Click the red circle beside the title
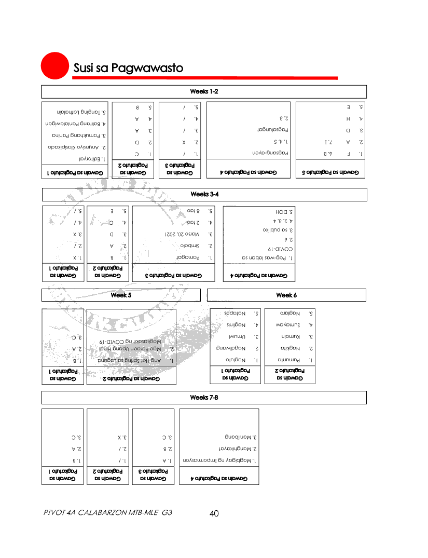[55, 66]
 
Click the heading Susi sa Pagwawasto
[128, 68]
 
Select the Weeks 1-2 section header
[204, 92]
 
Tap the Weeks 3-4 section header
[204, 194]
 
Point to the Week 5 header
[121, 295]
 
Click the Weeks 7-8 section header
[204, 398]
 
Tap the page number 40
[214, 514]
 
